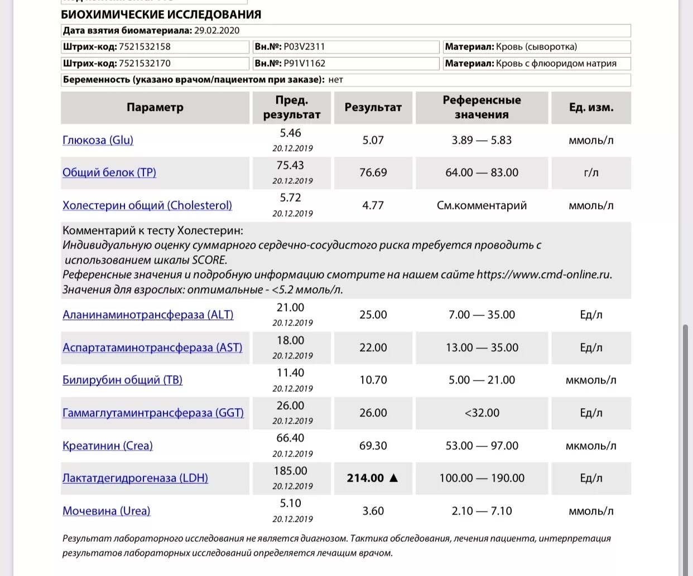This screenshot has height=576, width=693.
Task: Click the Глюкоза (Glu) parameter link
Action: pyautogui.click(x=98, y=141)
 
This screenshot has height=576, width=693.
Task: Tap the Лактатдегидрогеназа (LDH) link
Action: pyautogui.click(x=135, y=478)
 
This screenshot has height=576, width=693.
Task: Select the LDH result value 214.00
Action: pyautogui.click(x=365, y=478)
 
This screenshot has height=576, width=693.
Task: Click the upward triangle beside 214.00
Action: pyautogui.click(x=393, y=478)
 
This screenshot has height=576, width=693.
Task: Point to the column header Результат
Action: pyautogui.click(x=373, y=108)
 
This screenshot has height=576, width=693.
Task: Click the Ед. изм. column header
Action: pyautogui.click(x=591, y=108)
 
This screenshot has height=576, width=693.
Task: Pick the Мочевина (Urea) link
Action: pyautogui.click(x=106, y=511)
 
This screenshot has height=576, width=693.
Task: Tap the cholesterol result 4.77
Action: pyautogui.click(x=373, y=206)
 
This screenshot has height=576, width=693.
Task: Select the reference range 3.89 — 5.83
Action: pyautogui.click(x=482, y=141)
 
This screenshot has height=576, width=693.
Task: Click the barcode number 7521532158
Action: pyautogui.click(x=145, y=47)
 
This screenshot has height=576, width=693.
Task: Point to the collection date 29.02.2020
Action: pyautogui.click(x=216, y=31)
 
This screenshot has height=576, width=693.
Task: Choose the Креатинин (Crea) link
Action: pyautogui.click(x=107, y=446)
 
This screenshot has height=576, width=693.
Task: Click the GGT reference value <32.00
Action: pyautogui.click(x=482, y=413)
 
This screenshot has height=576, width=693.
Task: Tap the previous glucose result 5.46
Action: pyautogui.click(x=290, y=133)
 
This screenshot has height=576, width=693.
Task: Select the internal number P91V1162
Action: pyautogui.click(x=304, y=64)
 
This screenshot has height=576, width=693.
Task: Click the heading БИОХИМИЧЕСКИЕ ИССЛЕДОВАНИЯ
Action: pyautogui.click(x=161, y=14)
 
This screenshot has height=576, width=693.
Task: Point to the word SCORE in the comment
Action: pyautogui.click(x=209, y=260)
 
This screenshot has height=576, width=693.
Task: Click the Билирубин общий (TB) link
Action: pyautogui.click(x=122, y=380)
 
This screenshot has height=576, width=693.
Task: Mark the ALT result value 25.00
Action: pyautogui.click(x=373, y=315)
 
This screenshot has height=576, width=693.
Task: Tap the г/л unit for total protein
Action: pyautogui.click(x=591, y=173)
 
